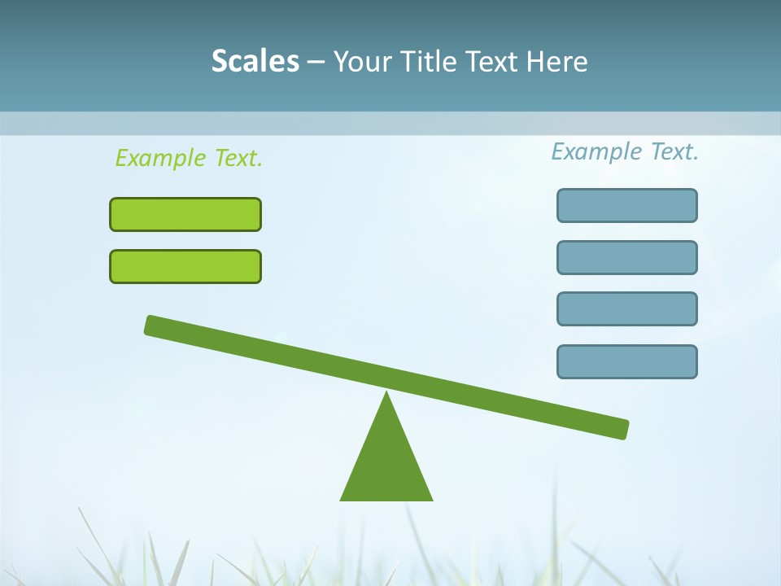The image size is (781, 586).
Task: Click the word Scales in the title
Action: pos(255,62)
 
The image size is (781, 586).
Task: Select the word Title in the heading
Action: pos(427,62)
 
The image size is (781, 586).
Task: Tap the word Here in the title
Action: pos(556,62)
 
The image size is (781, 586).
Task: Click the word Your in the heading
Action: pos(363,62)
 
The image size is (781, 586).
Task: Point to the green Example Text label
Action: pos(189,158)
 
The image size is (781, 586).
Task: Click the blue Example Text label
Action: pos(625,151)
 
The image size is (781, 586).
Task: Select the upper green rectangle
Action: pos(185,214)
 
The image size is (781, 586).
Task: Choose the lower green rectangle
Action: pos(185,266)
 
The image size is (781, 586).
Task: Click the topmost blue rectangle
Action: pos(627,205)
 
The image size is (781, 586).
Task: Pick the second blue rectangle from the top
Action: pos(627,257)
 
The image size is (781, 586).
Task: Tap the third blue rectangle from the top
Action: pos(627,309)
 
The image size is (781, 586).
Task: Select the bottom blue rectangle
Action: pos(627,361)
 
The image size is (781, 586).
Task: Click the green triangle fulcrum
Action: pos(386,464)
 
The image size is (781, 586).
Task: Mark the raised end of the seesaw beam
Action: pos(153,325)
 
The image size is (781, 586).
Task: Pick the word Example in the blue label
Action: pos(597,151)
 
